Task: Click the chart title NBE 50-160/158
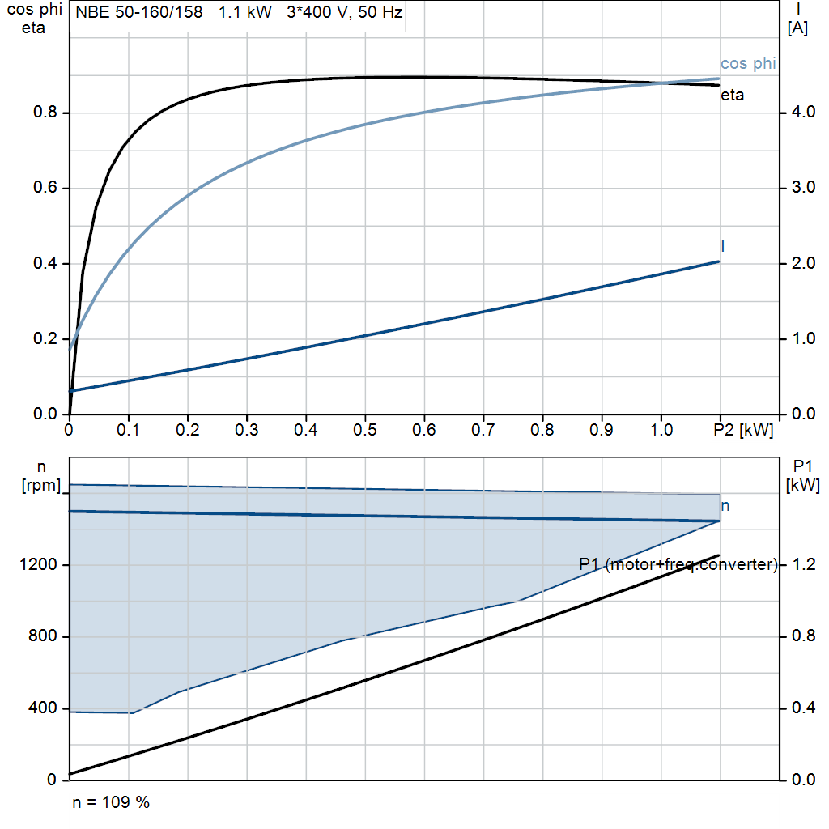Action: point(138,14)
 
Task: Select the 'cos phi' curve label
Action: point(747,64)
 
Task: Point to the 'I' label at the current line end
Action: point(722,245)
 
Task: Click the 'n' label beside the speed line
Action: point(725,506)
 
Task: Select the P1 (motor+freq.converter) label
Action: point(678,564)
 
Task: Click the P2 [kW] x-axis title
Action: point(743,430)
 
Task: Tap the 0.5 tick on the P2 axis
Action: point(365,430)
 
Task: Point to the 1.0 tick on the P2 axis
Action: point(661,430)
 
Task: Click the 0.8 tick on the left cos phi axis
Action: point(45,113)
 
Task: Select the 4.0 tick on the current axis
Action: point(800,113)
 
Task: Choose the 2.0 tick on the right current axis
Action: point(800,263)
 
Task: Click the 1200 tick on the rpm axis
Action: point(40,565)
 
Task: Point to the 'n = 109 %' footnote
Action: point(111,802)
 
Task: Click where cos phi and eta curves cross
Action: point(661,83)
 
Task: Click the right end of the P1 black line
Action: point(719,555)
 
